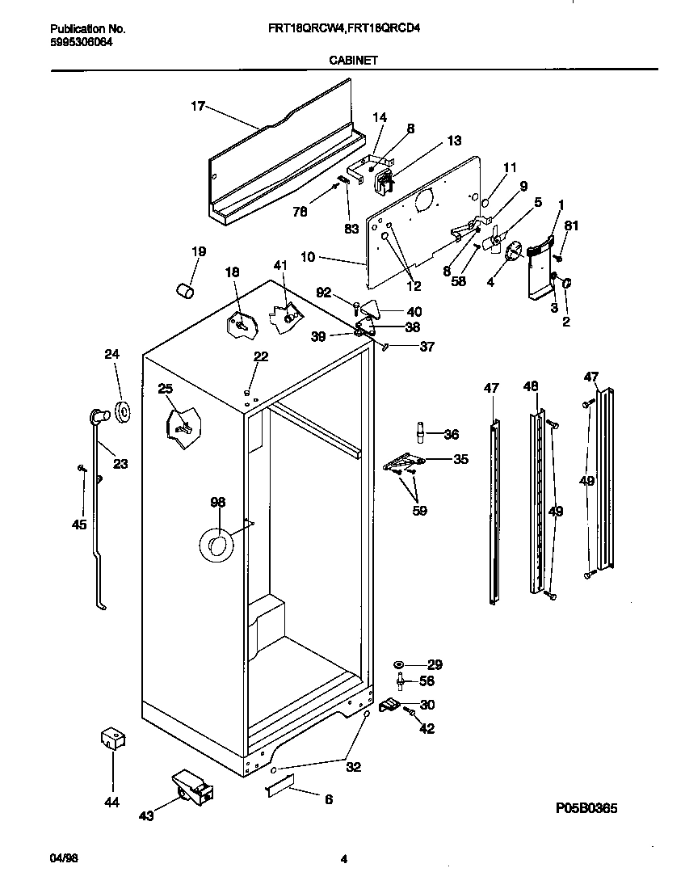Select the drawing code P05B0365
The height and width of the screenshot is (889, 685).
[591, 807]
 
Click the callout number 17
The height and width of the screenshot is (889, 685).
[198, 106]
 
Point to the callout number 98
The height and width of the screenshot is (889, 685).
[217, 503]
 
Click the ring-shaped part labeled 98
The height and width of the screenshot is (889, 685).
[214, 546]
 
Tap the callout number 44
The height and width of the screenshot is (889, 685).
[111, 803]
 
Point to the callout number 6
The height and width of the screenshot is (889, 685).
[329, 799]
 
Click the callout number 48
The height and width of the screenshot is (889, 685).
[530, 387]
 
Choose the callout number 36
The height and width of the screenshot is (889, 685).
[451, 435]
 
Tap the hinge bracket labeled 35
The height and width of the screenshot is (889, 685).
[404, 462]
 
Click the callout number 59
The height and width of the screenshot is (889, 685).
[419, 511]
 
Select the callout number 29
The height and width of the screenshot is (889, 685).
[435, 665]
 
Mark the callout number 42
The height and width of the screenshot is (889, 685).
[427, 728]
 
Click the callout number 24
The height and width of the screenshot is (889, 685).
[111, 353]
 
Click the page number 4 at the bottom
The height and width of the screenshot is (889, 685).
[343, 859]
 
